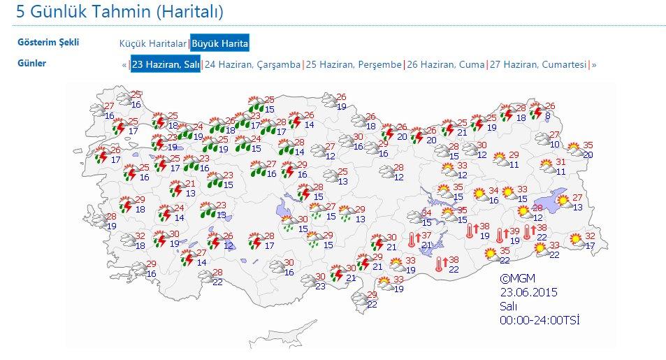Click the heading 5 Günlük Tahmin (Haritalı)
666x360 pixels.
(x=115, y=13)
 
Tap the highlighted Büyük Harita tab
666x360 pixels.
(x=220, y=43)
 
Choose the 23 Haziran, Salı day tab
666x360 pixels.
(x=166, y=64)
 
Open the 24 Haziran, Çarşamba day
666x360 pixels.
(x=252, y=64)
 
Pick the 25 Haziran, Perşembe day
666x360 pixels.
(x=354, y=64)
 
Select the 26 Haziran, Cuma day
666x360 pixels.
(x=446, y=64)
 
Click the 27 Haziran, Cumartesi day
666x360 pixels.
(x=537, y=64)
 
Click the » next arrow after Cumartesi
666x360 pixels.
(x=594, y=64)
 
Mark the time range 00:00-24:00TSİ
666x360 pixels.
(x=540, y=320)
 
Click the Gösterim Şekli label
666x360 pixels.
(x=48, y=42)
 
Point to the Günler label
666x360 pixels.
(x=32, y=64)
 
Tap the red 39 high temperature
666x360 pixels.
(x=514, y=231)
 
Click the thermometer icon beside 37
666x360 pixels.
(x=414, y=240)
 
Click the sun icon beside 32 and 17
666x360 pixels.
(x=575, y=240)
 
